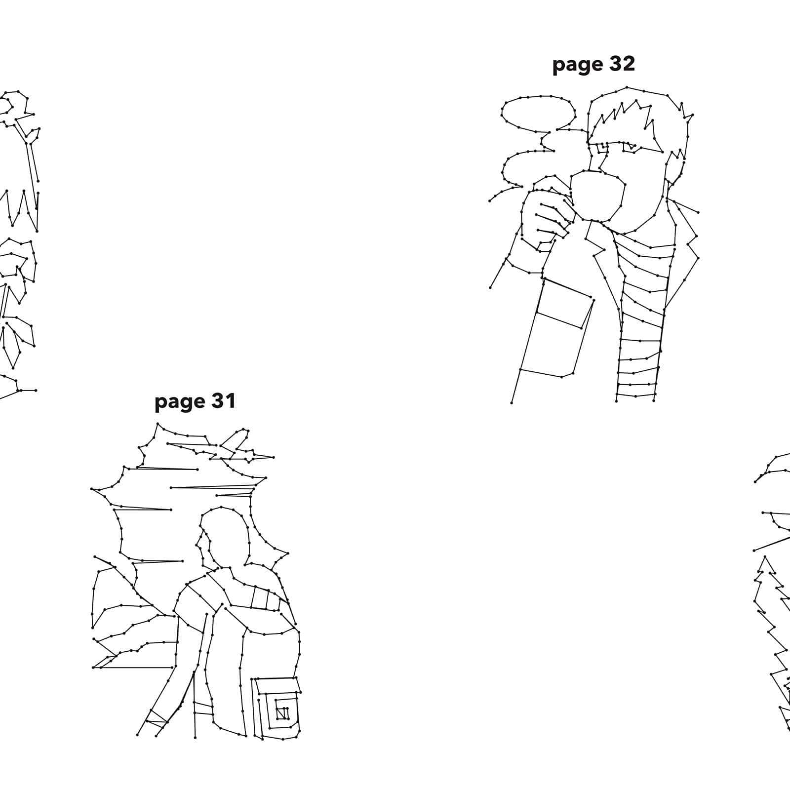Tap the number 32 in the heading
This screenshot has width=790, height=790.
click(621, 64)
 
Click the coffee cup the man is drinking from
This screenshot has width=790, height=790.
click(597, 196)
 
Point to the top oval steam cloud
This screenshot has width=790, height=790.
click(538, 112)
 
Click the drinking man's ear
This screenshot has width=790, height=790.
click(674, 166)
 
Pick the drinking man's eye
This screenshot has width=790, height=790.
click(629, 146)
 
